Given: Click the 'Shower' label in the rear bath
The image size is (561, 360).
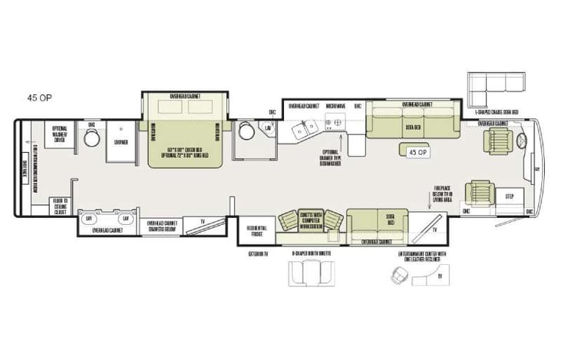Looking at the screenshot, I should point(120,142).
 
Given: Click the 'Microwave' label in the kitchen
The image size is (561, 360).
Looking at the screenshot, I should point(334,105).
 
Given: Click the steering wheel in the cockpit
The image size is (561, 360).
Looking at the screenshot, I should point(523,141).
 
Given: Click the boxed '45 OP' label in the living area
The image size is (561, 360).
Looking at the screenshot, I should point(417,152).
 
